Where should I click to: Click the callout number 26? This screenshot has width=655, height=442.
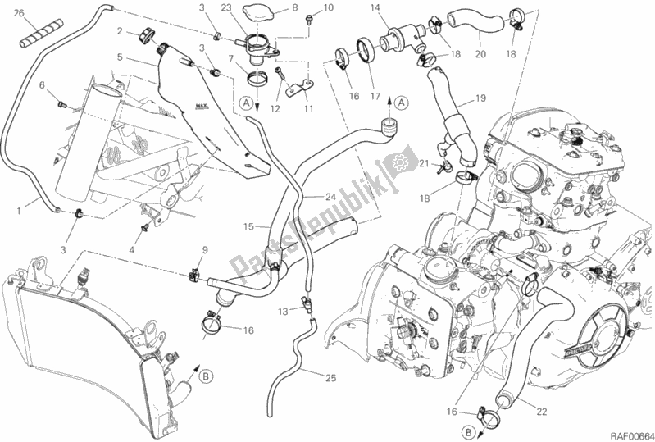[x=20, y=13]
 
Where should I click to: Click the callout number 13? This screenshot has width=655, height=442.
[x=282, y=311]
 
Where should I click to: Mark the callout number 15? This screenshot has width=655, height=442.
[x=251, y=226]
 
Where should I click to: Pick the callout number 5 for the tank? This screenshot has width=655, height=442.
[x=121, y=58]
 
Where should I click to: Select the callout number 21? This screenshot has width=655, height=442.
[x=424, y=165]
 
